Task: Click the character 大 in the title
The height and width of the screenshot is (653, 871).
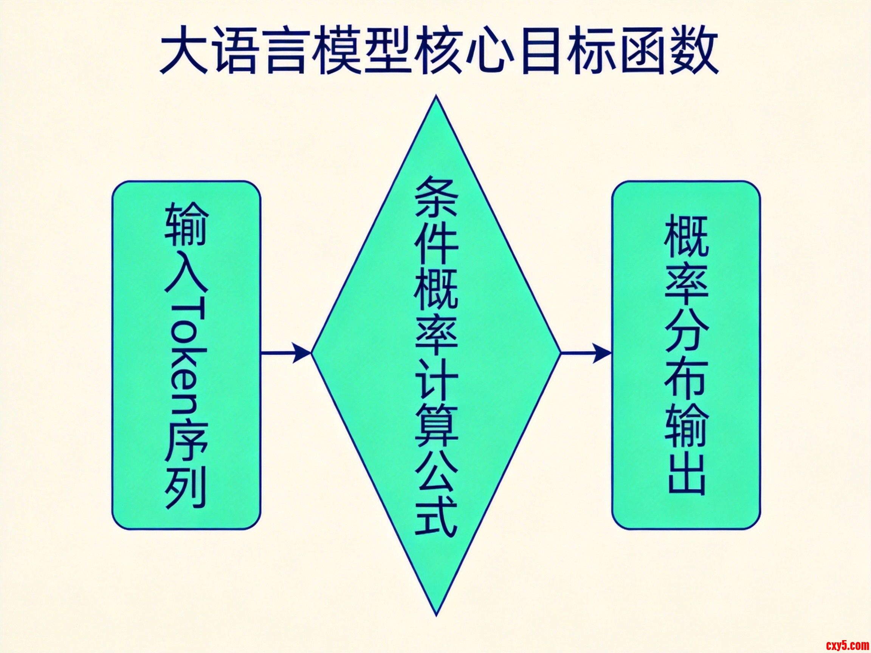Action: pos(184,50)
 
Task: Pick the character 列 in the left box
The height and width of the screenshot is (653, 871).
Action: pos(186,488)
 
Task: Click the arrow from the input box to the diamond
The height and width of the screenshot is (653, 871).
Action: pos(286,353)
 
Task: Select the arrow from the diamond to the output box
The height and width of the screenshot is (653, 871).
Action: pos(586,353)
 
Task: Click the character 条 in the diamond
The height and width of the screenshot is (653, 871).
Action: pos(436,197)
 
